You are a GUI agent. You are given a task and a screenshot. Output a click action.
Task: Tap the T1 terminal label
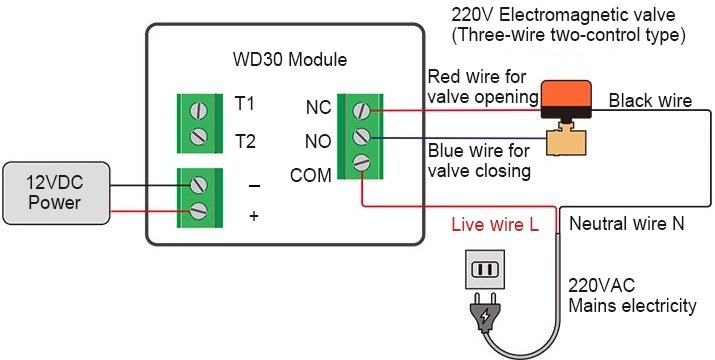click(244, 105)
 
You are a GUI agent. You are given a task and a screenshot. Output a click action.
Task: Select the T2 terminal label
click(244, 141)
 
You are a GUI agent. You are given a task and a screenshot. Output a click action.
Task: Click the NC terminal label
click(318, 106)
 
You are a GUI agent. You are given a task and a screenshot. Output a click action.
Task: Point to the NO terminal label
click(318, 141)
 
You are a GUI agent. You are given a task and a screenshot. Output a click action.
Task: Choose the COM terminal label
click(310, 176)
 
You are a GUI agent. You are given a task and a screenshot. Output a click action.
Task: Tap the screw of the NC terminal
click(362, 107)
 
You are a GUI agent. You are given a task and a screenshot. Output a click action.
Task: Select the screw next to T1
click(200, 108)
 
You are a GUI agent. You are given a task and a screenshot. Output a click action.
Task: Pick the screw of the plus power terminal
click(199, 210)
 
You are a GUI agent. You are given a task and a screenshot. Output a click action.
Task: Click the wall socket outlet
click(485, 269)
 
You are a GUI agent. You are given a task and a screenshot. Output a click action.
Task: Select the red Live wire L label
click(495, 225)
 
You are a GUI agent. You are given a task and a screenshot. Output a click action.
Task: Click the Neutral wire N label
click(626, 225)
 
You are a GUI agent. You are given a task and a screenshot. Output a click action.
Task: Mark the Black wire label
click(650, 100)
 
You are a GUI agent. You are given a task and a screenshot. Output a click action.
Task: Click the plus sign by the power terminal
click(254, 214)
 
